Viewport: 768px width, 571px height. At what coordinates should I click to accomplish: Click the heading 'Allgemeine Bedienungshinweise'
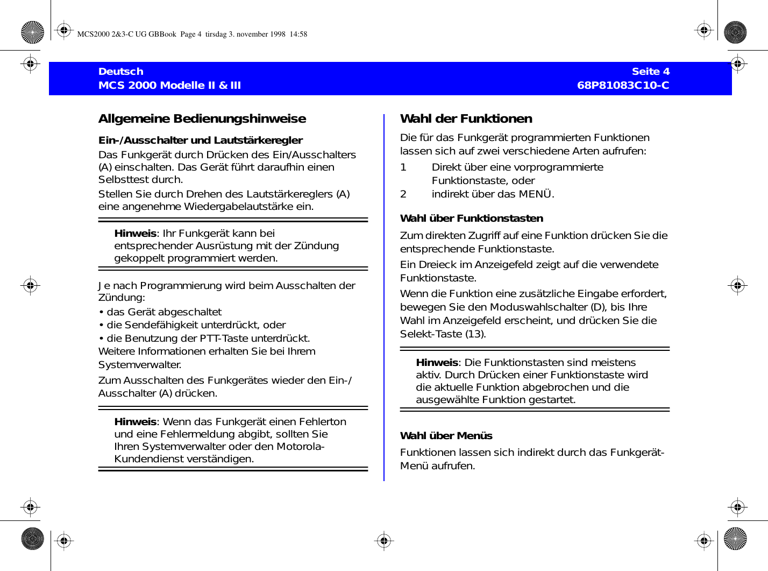point(202,119)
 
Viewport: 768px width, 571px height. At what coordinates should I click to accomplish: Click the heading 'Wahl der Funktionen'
point(466,119)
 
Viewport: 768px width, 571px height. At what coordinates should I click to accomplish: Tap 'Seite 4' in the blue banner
point(650,72)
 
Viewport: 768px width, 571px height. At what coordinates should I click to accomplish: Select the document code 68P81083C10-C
point(623,85)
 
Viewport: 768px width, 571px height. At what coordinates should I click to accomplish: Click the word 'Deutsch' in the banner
point(121,72)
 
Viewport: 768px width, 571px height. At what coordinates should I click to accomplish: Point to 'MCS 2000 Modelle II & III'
point(169,85)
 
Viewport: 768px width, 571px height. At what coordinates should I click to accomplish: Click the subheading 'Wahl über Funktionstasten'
point(471,218)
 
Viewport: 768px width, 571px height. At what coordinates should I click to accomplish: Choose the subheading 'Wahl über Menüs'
point(446,436)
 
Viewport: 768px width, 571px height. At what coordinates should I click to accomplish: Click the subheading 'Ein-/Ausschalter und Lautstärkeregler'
point(200,140)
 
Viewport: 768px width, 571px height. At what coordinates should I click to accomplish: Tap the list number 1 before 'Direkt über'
point(403,167)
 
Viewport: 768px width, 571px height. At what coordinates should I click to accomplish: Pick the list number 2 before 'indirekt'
point(403,194)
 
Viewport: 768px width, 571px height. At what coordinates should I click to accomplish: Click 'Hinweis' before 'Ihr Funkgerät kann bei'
point(135,234)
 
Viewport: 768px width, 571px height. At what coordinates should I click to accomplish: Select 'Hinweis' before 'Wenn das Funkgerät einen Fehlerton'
point(135,422)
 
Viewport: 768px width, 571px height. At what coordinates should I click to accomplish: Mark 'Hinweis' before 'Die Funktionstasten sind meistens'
point(437,363)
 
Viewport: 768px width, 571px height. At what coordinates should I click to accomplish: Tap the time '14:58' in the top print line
point(298,34)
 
